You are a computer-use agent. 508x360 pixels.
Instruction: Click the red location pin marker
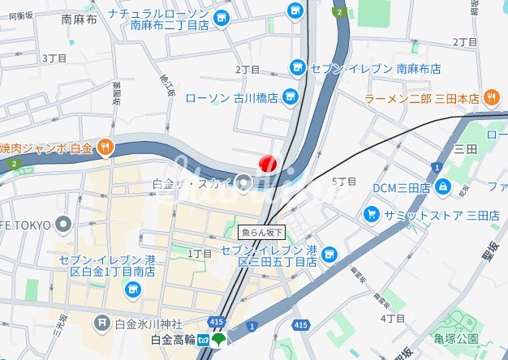tap(268, 162)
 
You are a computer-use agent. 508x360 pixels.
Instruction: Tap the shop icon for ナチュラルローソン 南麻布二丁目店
tap(295, 11)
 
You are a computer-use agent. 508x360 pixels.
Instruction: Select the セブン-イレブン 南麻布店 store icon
tap(298, 67)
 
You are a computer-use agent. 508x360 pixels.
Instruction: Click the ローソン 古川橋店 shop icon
tap(291, 98)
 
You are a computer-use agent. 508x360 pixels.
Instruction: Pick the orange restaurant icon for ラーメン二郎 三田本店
tap(491, 98)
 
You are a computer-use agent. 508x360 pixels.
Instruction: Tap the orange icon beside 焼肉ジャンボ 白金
tap(105, 147)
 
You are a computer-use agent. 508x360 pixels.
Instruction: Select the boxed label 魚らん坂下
tap(262, 232)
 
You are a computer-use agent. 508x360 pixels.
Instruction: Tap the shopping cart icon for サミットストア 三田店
tap(371, 215)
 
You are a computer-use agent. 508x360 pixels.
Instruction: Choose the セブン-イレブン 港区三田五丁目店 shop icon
tap(329, 255)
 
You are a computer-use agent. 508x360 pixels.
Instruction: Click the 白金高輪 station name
tap(167, 338)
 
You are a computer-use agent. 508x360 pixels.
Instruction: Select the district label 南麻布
tap(79, 19)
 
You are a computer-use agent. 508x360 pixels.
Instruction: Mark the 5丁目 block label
tap(345, 181)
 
